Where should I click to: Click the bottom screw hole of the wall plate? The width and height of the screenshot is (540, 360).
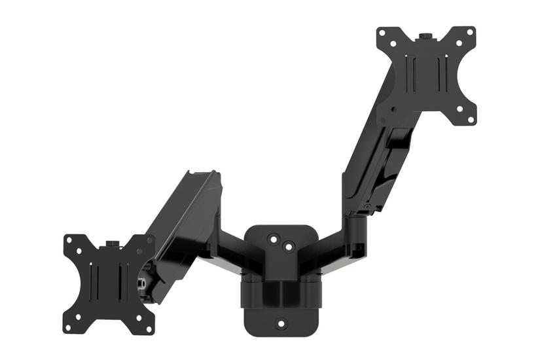point(281,323)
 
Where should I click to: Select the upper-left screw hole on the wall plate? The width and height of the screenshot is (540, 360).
point(274,239)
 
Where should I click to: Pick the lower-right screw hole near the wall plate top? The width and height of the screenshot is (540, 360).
point(287,247)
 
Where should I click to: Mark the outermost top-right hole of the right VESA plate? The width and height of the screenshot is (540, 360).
point(469,32)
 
